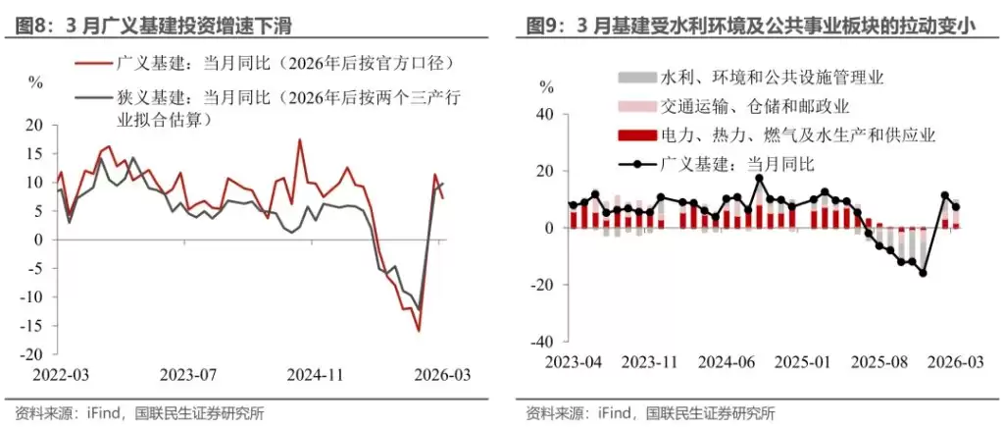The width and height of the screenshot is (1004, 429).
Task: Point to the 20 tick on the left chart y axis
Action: tap(37, 126)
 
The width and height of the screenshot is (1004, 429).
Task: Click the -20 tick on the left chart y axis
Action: tap(34, 354)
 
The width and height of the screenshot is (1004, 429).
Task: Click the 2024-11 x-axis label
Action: tap(315, 374)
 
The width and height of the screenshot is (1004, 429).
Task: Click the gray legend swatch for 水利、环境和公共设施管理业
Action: tap(636, 76)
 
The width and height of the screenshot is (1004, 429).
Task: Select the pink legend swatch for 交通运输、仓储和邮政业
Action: tap(636, 105)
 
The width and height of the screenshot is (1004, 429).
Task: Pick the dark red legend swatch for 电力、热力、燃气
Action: tap(636, 134)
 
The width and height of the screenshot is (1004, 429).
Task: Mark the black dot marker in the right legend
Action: tap(636, 164)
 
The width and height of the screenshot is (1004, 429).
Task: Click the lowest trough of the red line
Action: tap(419, 331)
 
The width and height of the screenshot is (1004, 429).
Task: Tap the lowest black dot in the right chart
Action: tap(923, 273)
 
